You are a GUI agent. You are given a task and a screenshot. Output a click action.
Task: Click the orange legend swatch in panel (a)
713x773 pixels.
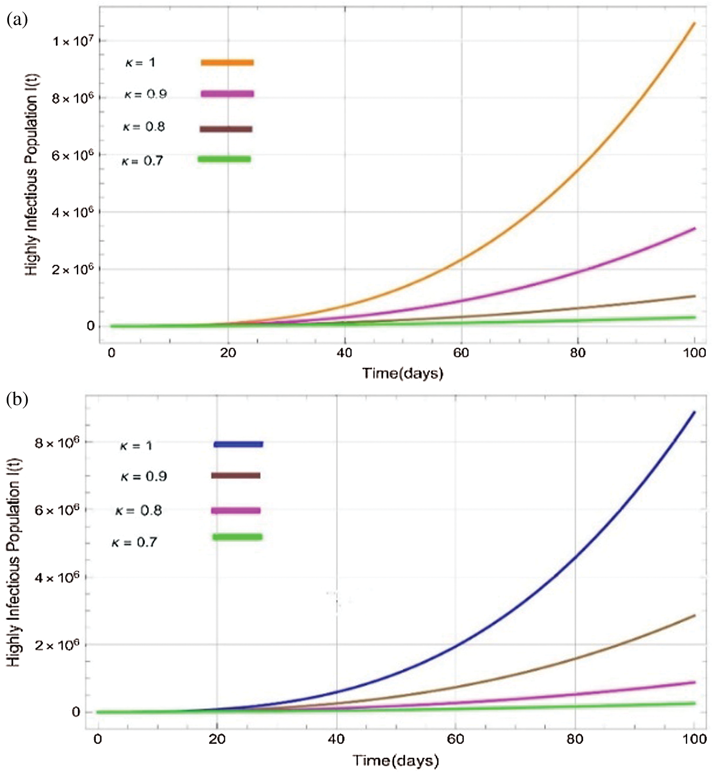coord(227,62)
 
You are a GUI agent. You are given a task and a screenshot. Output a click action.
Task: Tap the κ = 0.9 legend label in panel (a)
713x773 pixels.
coord(146,94)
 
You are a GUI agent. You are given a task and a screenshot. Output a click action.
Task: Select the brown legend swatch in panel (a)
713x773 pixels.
coord(226,129)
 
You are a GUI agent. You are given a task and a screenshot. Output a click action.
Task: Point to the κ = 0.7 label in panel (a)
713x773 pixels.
coord(142,161)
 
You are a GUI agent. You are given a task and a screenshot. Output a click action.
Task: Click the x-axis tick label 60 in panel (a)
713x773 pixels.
coord(461,353)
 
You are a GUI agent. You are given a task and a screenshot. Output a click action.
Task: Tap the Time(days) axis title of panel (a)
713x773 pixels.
coord(403,373)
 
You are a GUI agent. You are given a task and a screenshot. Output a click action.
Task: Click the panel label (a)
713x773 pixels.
coord(17,20)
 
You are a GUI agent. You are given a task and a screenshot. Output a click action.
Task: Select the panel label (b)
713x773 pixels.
coord(17,399)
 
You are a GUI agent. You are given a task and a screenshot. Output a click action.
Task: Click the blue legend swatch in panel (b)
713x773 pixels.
coord(238,444)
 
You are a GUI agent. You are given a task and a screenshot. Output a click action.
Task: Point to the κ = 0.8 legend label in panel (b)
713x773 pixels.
coord(139,511)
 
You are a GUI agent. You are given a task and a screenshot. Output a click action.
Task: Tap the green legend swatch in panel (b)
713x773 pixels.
coord(237,537)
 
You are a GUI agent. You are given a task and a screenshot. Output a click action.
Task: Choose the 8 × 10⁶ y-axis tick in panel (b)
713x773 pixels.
coord(56,443)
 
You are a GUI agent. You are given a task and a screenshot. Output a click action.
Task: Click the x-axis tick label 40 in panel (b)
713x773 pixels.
coord(336,739)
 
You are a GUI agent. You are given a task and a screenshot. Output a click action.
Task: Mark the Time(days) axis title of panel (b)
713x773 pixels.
coord(396,760)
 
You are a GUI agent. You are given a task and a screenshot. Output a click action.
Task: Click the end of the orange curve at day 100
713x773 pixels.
coord(694,23)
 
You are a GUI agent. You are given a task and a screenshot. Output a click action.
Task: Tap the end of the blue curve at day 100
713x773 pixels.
coord(694,412)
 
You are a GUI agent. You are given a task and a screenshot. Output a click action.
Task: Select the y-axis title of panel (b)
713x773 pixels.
coord(14,563)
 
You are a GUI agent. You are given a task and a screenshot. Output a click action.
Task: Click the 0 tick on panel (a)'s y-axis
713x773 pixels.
coord(90,326)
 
